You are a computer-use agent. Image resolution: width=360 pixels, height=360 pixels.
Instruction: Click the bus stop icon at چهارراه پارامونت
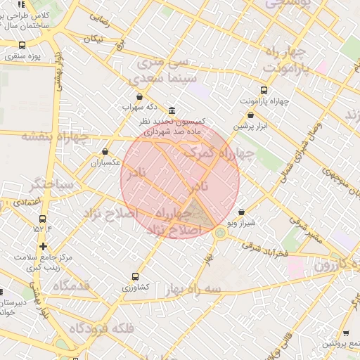[x=264, y=90]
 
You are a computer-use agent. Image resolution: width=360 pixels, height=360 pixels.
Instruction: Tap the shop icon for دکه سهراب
[x=139, y=97]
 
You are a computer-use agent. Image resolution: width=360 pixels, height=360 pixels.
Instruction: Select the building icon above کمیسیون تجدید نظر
[x=172, y=111]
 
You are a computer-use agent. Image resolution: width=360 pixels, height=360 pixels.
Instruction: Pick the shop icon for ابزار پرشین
[x=251, y=115]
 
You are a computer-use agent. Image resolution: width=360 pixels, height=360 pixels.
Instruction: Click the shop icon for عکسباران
[x=105, y=151]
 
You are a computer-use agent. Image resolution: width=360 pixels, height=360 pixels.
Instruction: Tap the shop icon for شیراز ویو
[x=241, y=212]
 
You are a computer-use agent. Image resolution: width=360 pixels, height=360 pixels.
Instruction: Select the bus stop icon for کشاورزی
[x=135, y=277]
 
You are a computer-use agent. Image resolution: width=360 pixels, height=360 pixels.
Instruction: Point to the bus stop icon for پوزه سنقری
[x=22, y=45]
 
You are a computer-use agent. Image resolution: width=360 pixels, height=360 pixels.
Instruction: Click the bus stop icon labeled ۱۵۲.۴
[x=43, y=219]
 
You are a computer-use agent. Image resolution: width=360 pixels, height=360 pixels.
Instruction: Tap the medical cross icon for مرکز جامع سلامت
[x=44, y=246]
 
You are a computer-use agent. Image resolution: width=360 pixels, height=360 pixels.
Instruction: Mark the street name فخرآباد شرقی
[x=263, y=250]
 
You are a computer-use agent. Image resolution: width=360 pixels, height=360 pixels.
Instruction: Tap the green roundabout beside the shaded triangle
[x=220, y=232]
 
